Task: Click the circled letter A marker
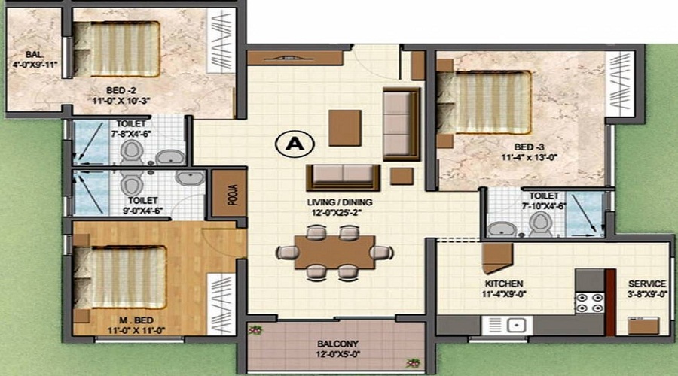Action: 295,144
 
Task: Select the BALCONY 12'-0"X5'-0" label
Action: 338,349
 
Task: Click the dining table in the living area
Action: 334,252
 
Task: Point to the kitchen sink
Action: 508,325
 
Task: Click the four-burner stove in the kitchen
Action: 589,302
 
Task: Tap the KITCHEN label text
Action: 504,284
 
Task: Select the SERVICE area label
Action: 647,284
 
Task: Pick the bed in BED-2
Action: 116,49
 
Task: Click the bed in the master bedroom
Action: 120,277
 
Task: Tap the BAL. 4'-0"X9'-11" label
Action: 35,60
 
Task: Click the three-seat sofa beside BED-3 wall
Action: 402,124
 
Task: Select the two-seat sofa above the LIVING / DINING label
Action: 344,177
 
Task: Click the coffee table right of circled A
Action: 345,128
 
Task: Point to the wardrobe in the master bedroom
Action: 221,305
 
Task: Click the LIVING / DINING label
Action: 340,202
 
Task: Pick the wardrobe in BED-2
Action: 220,40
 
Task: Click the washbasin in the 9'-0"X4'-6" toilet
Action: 191,178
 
